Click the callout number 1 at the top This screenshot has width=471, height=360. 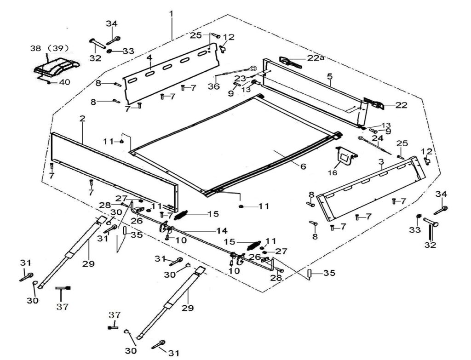click(x=171, y=14)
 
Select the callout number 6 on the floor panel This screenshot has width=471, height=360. click(x=303, y=166)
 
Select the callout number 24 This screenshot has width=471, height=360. click(x=377, y=138)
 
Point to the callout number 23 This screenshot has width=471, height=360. click(x=240, y=78)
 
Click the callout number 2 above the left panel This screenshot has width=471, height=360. click(x=82, y=119)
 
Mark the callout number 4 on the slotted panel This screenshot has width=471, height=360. click(x=149, y=58)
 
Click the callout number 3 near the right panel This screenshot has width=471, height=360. click(x=381, y=162)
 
